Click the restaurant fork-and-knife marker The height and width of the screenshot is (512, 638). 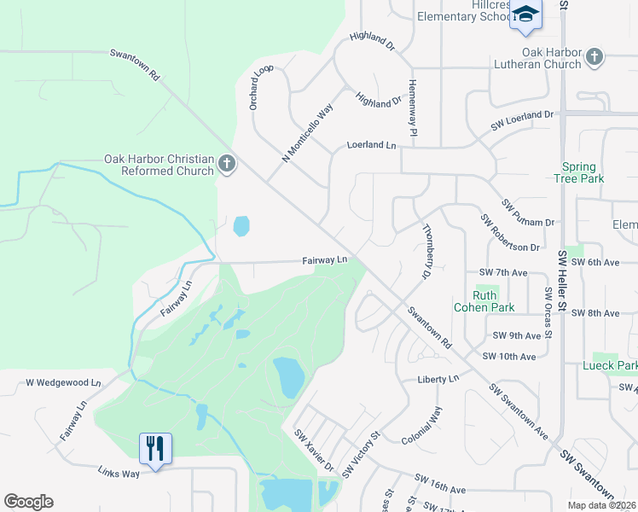point(155,448)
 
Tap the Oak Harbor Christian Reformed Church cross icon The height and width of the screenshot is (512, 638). point(226,163)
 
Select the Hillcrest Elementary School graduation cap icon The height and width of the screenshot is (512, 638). point(525,15)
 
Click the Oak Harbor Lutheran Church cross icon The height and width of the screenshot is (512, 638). point(594,57)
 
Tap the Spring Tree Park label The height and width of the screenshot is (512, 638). point(583,173)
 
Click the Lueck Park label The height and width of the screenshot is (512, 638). point(610,366)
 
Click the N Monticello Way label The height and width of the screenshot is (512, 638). point(307,134)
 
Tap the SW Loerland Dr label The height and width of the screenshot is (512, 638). point(522,120)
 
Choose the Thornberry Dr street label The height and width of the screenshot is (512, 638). point(427,252)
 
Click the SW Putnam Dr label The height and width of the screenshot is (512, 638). point(528,213)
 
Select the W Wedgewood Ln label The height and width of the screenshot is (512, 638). point(63,383)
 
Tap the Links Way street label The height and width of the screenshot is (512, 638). point(119,471)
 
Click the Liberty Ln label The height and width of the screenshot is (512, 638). point(438,379)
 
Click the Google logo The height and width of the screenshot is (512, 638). point(28,502)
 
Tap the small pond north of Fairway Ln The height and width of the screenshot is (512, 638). point(241,226)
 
